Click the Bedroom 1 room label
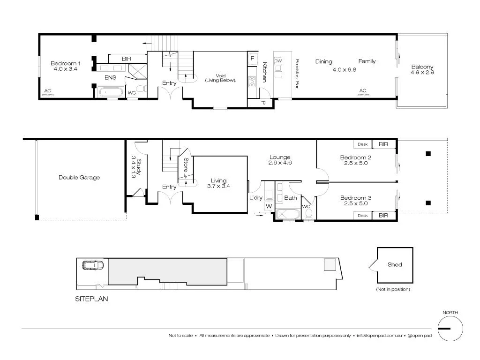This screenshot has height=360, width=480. click(66, 63)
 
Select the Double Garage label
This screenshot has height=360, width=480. click(79, 178)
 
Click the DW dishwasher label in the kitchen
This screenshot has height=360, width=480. click(278, 61)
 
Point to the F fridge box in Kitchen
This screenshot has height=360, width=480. click(253, 59)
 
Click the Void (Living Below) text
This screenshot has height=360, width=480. click(220, 78)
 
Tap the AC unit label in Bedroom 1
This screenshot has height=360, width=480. click(48, 91)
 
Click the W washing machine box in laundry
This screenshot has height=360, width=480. click(269, 206)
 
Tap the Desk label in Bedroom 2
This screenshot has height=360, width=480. click(362, 144)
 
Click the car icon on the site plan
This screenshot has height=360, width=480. click(93, 265)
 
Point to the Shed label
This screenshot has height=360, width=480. click(395, 264)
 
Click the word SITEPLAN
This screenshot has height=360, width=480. click(92, 298)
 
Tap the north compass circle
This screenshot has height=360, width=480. click(450, 328)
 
